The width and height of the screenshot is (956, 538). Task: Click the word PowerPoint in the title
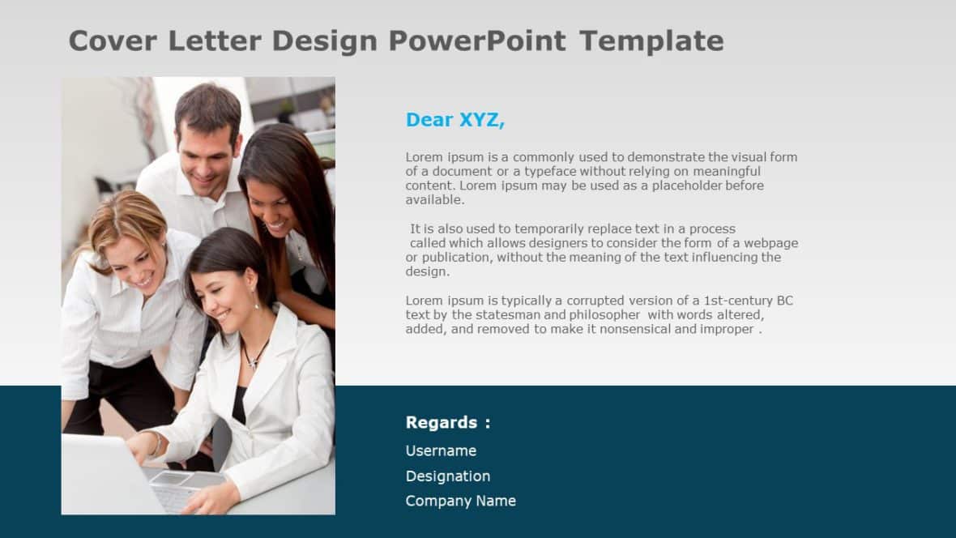click(477, 41)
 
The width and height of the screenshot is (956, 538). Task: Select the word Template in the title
click(651, 41)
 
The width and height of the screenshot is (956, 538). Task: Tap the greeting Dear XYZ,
click(455, 120)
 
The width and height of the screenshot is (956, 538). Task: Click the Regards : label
click(448, 422)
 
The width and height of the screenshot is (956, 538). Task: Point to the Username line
click(441, 450)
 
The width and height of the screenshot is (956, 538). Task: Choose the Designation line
click(448, 476)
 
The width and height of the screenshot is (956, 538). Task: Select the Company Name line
click(461, 501)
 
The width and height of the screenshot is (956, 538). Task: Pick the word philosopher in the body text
click(595, 314)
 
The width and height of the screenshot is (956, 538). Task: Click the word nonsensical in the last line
click(630, 329)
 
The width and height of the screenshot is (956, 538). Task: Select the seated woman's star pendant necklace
click(253, 363)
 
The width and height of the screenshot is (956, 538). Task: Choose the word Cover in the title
click(113, 41)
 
